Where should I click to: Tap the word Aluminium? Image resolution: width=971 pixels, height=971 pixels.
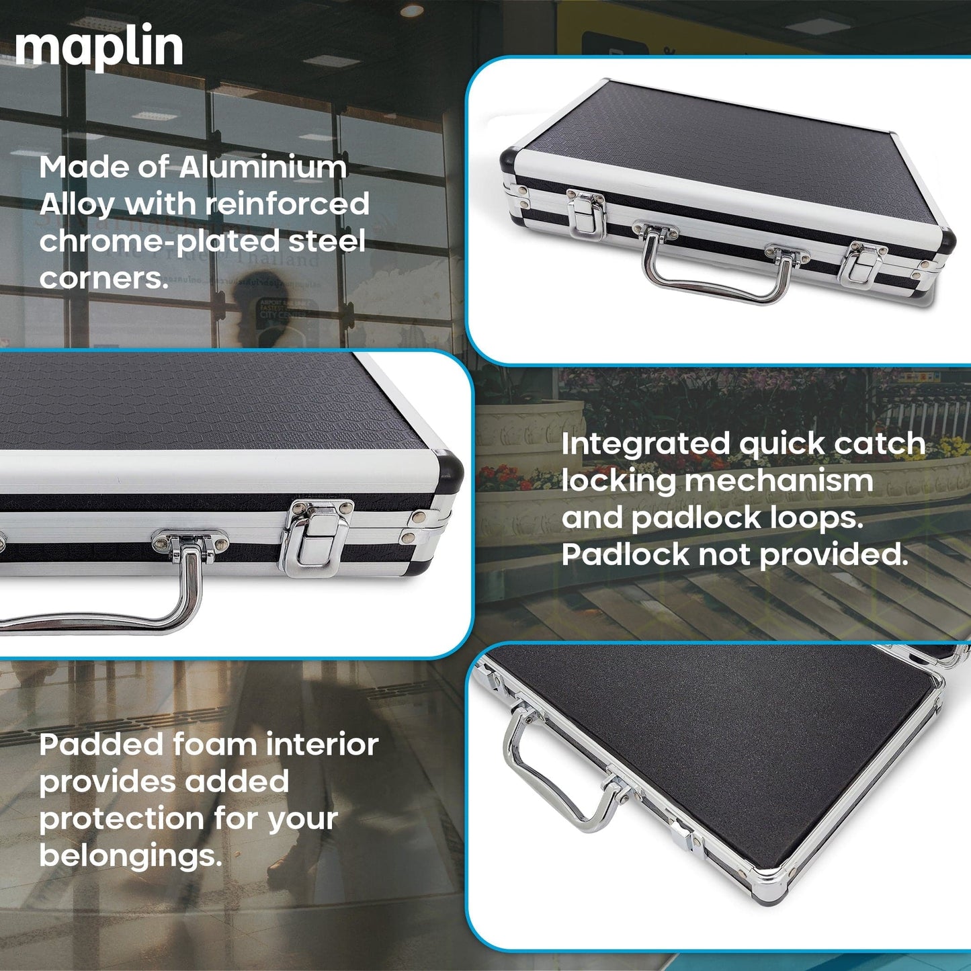[263, 167]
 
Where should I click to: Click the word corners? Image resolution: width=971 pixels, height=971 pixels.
[103, 278]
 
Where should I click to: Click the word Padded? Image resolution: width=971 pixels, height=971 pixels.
[101, 745]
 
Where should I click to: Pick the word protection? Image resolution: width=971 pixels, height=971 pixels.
[121, 819]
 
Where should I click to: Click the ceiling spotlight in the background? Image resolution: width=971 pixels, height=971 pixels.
[412, 10]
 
